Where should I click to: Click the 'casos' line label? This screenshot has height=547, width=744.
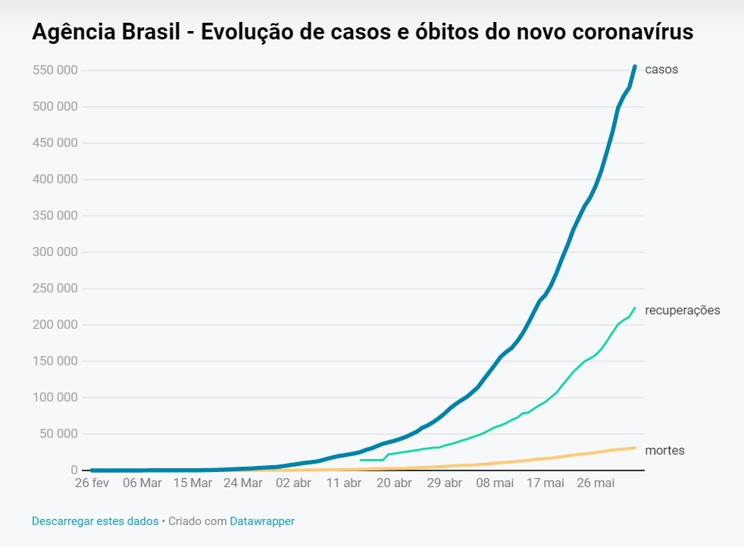(661, 70)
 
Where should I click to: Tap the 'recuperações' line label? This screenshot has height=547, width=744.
(682, 311)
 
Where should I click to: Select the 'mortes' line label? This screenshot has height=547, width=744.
(664, 451)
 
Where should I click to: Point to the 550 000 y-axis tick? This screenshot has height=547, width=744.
(55, 70)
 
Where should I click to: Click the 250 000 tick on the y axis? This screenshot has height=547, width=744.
(55, 289)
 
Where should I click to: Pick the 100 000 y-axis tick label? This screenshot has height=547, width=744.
(55, 398)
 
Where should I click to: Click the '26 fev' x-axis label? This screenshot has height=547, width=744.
(91, 483)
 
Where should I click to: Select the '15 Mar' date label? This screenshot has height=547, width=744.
(192, 483)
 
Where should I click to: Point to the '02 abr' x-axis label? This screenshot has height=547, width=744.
(293, 483)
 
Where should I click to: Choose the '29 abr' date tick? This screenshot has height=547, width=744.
(445, 483)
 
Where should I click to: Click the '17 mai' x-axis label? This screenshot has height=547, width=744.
(545, 483)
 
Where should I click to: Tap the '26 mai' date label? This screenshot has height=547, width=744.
(596, 483)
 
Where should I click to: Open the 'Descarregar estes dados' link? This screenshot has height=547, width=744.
(95, 521)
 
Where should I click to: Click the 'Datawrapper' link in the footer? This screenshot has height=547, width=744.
(262, 521)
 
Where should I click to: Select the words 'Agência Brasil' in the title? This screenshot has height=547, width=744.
(105, 33)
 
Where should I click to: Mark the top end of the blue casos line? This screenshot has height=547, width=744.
(635, 67)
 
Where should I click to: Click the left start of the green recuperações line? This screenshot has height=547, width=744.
(361, 460)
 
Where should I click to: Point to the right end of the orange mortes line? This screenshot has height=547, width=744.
(635, 447)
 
